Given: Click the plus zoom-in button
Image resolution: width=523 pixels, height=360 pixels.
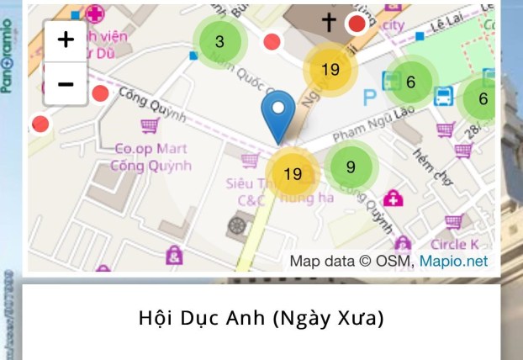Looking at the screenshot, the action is click(66, 40).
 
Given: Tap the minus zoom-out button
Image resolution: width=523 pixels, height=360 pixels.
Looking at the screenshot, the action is click(66, 83).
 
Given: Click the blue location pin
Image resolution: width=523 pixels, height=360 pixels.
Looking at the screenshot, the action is click(278, 117).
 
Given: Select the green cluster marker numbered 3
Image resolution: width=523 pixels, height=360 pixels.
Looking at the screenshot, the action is click(219, 41).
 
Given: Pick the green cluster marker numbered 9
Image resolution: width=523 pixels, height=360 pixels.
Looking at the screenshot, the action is click(351, 167).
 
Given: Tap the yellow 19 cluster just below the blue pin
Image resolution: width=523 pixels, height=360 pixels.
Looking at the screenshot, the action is click(293, 174).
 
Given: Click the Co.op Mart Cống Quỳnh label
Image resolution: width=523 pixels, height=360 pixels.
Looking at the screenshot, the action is click(151, 157).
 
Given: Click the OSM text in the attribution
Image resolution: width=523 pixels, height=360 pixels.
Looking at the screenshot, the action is click(395, 262).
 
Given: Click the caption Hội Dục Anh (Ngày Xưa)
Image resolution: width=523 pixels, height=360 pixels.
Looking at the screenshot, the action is click(261, 319).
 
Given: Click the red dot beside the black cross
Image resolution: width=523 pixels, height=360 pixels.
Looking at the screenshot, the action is click(357, 24).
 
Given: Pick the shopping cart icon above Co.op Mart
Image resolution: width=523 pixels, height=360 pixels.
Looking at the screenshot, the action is click(150, 125).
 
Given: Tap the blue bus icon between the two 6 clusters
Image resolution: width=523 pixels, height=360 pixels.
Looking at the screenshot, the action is click(443, 96).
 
